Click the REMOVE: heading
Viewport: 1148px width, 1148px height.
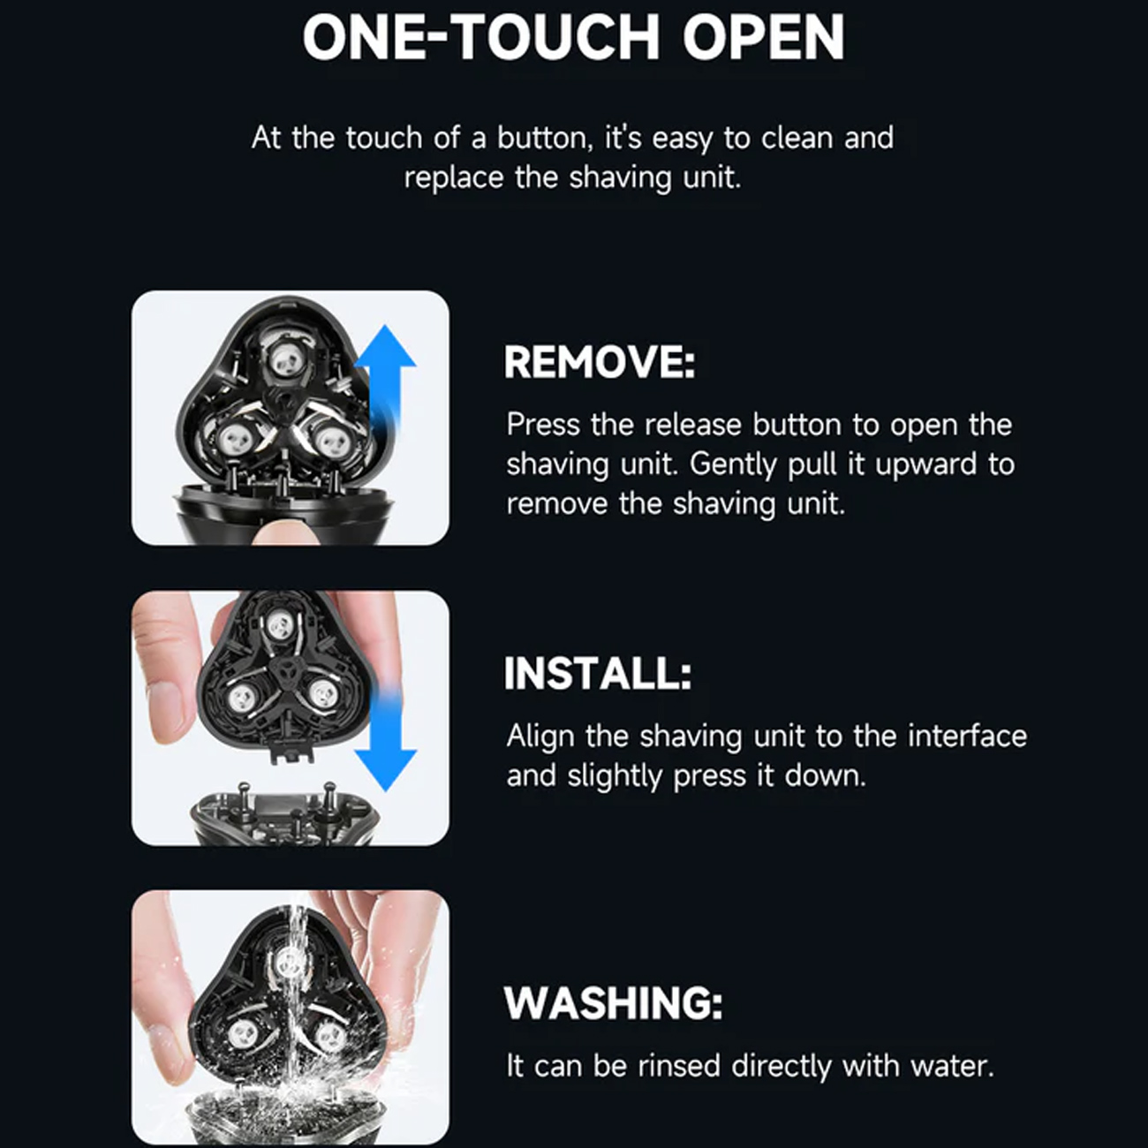[600, 362]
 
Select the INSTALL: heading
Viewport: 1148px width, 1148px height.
[598, 673]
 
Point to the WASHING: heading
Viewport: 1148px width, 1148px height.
[613, 1003]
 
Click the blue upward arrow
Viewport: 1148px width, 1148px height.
[385, 381]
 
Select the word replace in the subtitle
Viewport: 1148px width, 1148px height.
[454, 178]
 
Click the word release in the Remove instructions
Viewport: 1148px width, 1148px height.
[693, 425]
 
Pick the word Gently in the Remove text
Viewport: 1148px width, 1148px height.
[733, 465]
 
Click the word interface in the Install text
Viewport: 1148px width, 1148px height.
[968, 736]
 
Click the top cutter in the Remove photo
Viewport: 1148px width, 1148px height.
[287, 359]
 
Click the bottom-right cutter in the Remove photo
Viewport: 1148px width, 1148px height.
[329, 441]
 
